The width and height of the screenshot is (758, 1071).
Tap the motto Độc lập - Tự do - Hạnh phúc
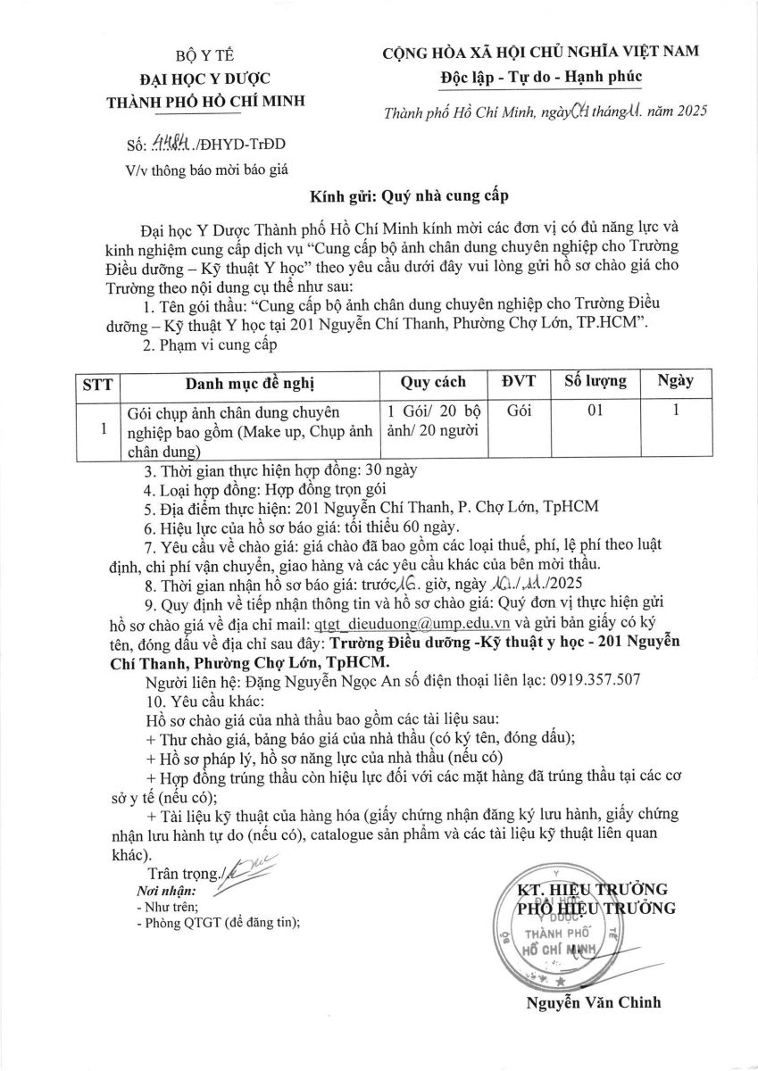click(x=541, y=77)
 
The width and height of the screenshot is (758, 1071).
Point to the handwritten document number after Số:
click(x=176, y=144)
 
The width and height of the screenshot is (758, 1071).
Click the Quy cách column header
click(x=432, y=382)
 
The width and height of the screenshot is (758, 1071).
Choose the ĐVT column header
click(x=518, y=382)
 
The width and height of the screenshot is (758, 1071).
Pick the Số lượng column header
click(x=595, y=382)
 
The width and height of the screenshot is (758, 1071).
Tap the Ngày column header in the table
click(x=675, y=382)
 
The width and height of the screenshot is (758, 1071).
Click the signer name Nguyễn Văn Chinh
click(x=594, y=1002)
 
